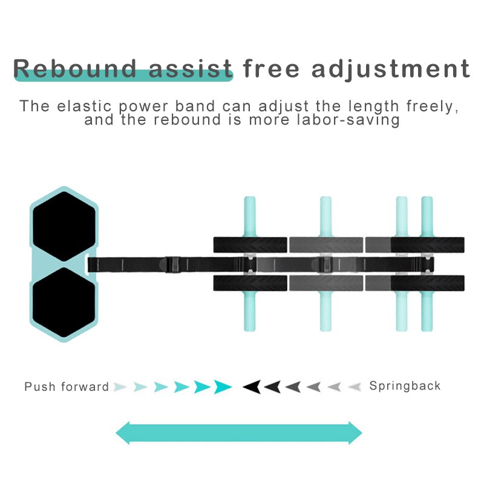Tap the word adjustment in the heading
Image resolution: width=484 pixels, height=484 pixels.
[390, 68]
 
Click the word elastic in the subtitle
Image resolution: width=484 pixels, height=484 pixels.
[88, 106]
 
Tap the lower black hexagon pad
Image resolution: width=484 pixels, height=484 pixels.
[64, 303]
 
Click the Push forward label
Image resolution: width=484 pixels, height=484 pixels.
[67, 386]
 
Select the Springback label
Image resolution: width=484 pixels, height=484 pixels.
[405, 385]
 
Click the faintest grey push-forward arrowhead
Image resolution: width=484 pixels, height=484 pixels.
[120, 386]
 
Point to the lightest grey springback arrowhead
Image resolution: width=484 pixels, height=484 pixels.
[355, 386]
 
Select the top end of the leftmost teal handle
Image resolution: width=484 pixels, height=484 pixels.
[250, 200]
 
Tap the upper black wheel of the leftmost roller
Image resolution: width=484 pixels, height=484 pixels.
[250, 244]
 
